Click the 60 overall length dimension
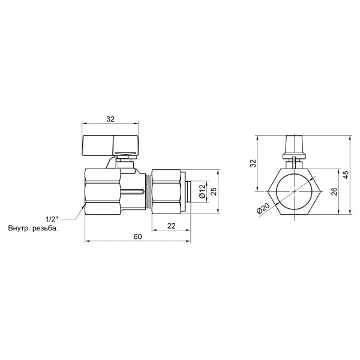click(137, 237)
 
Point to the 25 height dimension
click(213, 191)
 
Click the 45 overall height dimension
click(345, 174)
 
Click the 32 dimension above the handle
click(110, 119)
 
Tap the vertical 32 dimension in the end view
click(253, 163)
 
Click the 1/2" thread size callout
click(52, 218)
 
